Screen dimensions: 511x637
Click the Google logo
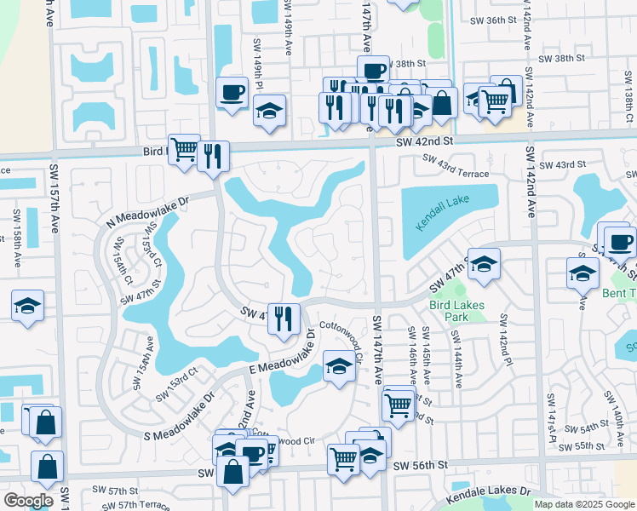click(28, 500)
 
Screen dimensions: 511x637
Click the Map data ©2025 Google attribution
click(583, 504)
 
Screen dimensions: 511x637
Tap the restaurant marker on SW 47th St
click(284, 319)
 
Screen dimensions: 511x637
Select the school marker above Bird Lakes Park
click(484, 265)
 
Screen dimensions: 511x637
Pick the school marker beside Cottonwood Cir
click(339, 368)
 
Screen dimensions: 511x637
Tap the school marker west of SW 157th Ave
click(27, 305)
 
